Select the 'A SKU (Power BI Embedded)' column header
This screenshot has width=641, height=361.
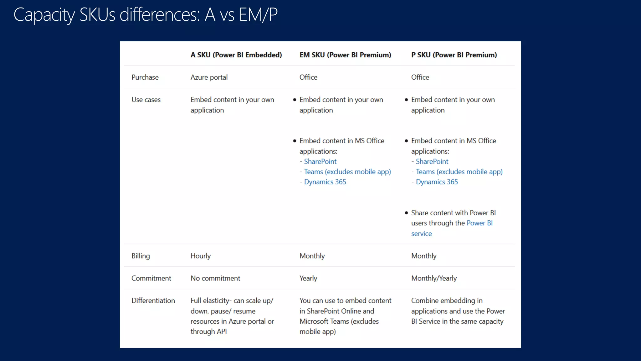coord(236,55)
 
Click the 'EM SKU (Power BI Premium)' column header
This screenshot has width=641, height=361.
coord(345,55)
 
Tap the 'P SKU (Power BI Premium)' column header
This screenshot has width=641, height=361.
coord(454,55)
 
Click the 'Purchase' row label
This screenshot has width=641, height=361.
coord(145,77)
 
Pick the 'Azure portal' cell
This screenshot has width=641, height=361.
coord(209,77)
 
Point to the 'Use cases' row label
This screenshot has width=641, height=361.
coord(146,100)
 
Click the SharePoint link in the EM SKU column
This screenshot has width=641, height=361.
coord(320,161)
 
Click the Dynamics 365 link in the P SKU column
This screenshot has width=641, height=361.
coord(437,182)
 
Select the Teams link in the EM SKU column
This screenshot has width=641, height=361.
coord(347,172)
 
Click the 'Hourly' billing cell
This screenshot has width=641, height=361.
coord(200,256)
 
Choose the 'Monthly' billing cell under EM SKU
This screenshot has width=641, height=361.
coord(312,256)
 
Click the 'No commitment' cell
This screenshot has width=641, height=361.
coord(215,278)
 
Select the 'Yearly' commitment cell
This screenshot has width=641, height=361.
coord(308,278)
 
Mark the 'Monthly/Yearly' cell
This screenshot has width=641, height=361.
coord(434,278)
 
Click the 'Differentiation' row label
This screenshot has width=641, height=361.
coord(153,301)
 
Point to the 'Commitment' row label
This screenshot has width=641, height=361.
coord(151,278)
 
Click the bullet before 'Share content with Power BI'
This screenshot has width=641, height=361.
coord(406,213)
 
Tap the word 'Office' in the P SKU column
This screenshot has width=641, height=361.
coord(420,77)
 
